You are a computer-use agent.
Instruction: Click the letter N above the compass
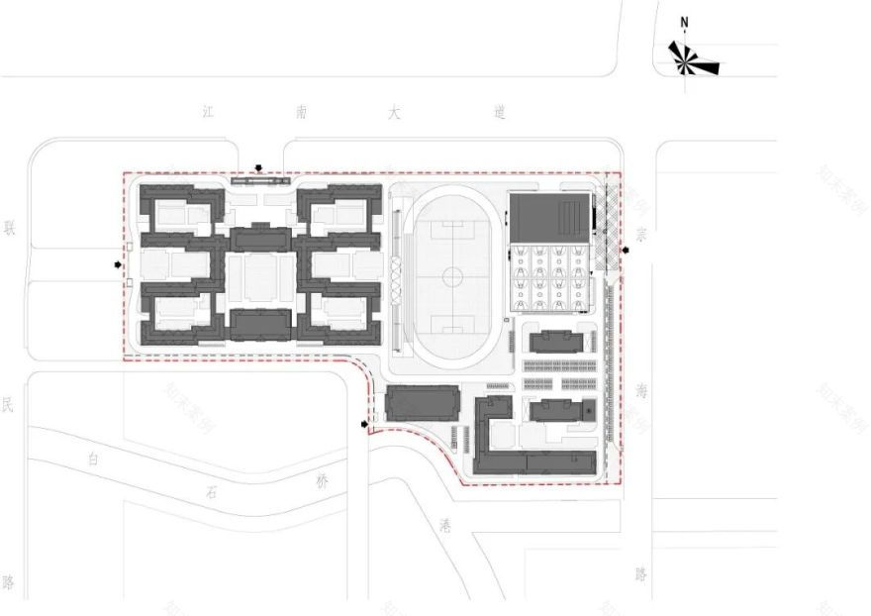point(684,22)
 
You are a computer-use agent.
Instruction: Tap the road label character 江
point(208,113)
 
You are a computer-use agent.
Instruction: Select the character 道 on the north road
point(499,113)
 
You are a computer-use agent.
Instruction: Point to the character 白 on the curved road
point(94,459)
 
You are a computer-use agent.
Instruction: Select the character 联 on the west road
point(10,228)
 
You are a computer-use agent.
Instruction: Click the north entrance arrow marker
point(259,169)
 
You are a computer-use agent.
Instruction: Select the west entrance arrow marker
point(118,265)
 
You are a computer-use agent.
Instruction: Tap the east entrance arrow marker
point(628,250)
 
